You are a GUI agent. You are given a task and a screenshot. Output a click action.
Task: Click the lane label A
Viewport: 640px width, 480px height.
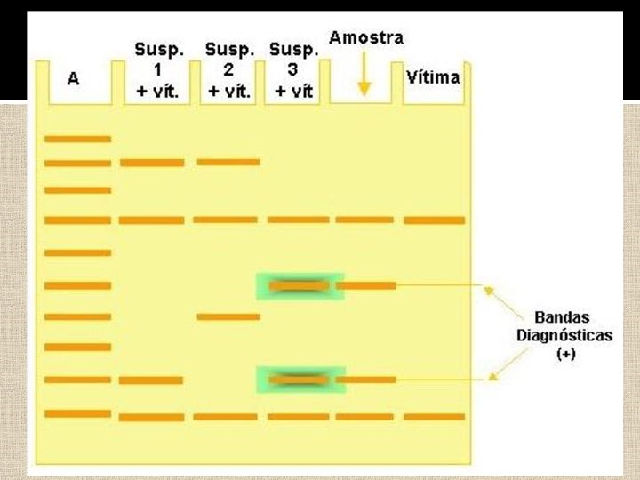(74, 79)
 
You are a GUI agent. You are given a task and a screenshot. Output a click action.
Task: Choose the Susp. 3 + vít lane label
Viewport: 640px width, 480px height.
(292, 69)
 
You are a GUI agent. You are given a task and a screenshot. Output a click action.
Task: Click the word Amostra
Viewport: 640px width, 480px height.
(365, 38)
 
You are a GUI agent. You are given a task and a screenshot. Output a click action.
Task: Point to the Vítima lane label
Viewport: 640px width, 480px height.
(433, 77)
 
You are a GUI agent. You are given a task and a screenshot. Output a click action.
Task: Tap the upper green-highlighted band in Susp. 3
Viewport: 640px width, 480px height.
(300, 285)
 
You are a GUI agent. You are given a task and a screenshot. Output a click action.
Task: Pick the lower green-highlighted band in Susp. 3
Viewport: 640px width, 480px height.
(300, 380)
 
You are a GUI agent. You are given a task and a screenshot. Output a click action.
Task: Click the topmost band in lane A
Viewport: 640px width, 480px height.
(78, 139)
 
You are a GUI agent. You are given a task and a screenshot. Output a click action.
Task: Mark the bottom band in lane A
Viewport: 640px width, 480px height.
(78, 413)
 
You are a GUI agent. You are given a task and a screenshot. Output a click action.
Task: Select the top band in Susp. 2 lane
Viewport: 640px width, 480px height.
(228, 162)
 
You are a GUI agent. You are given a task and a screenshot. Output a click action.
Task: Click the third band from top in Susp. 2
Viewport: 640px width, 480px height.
(228, 316)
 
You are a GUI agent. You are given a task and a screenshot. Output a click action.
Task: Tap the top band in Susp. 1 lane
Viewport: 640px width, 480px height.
(153, 163)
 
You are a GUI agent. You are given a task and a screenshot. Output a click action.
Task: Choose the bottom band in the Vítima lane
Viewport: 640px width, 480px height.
(434, 416)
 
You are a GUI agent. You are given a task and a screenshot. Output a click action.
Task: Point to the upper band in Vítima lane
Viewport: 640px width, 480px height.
(434, 220)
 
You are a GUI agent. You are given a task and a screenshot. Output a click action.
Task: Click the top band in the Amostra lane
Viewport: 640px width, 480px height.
(364, 220)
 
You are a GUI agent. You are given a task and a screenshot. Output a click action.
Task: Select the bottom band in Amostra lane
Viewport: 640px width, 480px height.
(364, 416)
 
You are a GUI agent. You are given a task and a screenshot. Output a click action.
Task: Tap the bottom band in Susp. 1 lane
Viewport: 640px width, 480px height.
(152, 417)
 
